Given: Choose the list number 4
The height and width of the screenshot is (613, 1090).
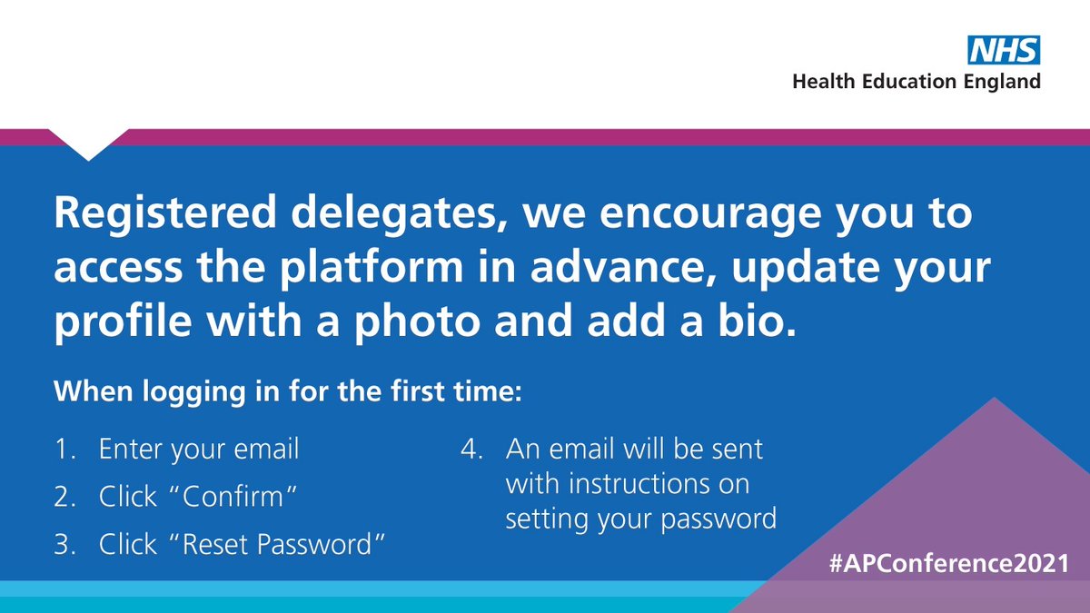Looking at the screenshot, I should (469, 450).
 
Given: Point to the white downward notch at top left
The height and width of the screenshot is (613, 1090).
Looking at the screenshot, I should (88, 143).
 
